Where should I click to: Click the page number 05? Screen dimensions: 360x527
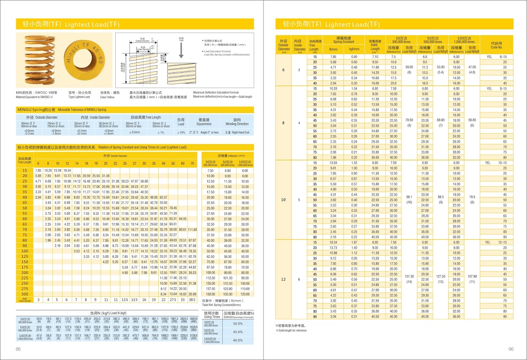[18, 349]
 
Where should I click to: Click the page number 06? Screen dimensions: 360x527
[510, 349]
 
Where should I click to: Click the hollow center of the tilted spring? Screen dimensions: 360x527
[85, 61]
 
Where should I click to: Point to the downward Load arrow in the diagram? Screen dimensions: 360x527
[181, 50]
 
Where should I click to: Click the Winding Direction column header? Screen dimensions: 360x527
[237, 122]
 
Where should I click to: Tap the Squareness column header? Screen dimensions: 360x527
[204, 122]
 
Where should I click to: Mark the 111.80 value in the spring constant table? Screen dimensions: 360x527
[193, 229]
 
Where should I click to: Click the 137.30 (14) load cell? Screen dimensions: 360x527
[408, 279]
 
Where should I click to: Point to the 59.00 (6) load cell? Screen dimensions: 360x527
[409, 69]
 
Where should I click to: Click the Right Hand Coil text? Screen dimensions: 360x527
[238, 133]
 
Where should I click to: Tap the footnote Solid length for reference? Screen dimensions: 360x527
[292, 330]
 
